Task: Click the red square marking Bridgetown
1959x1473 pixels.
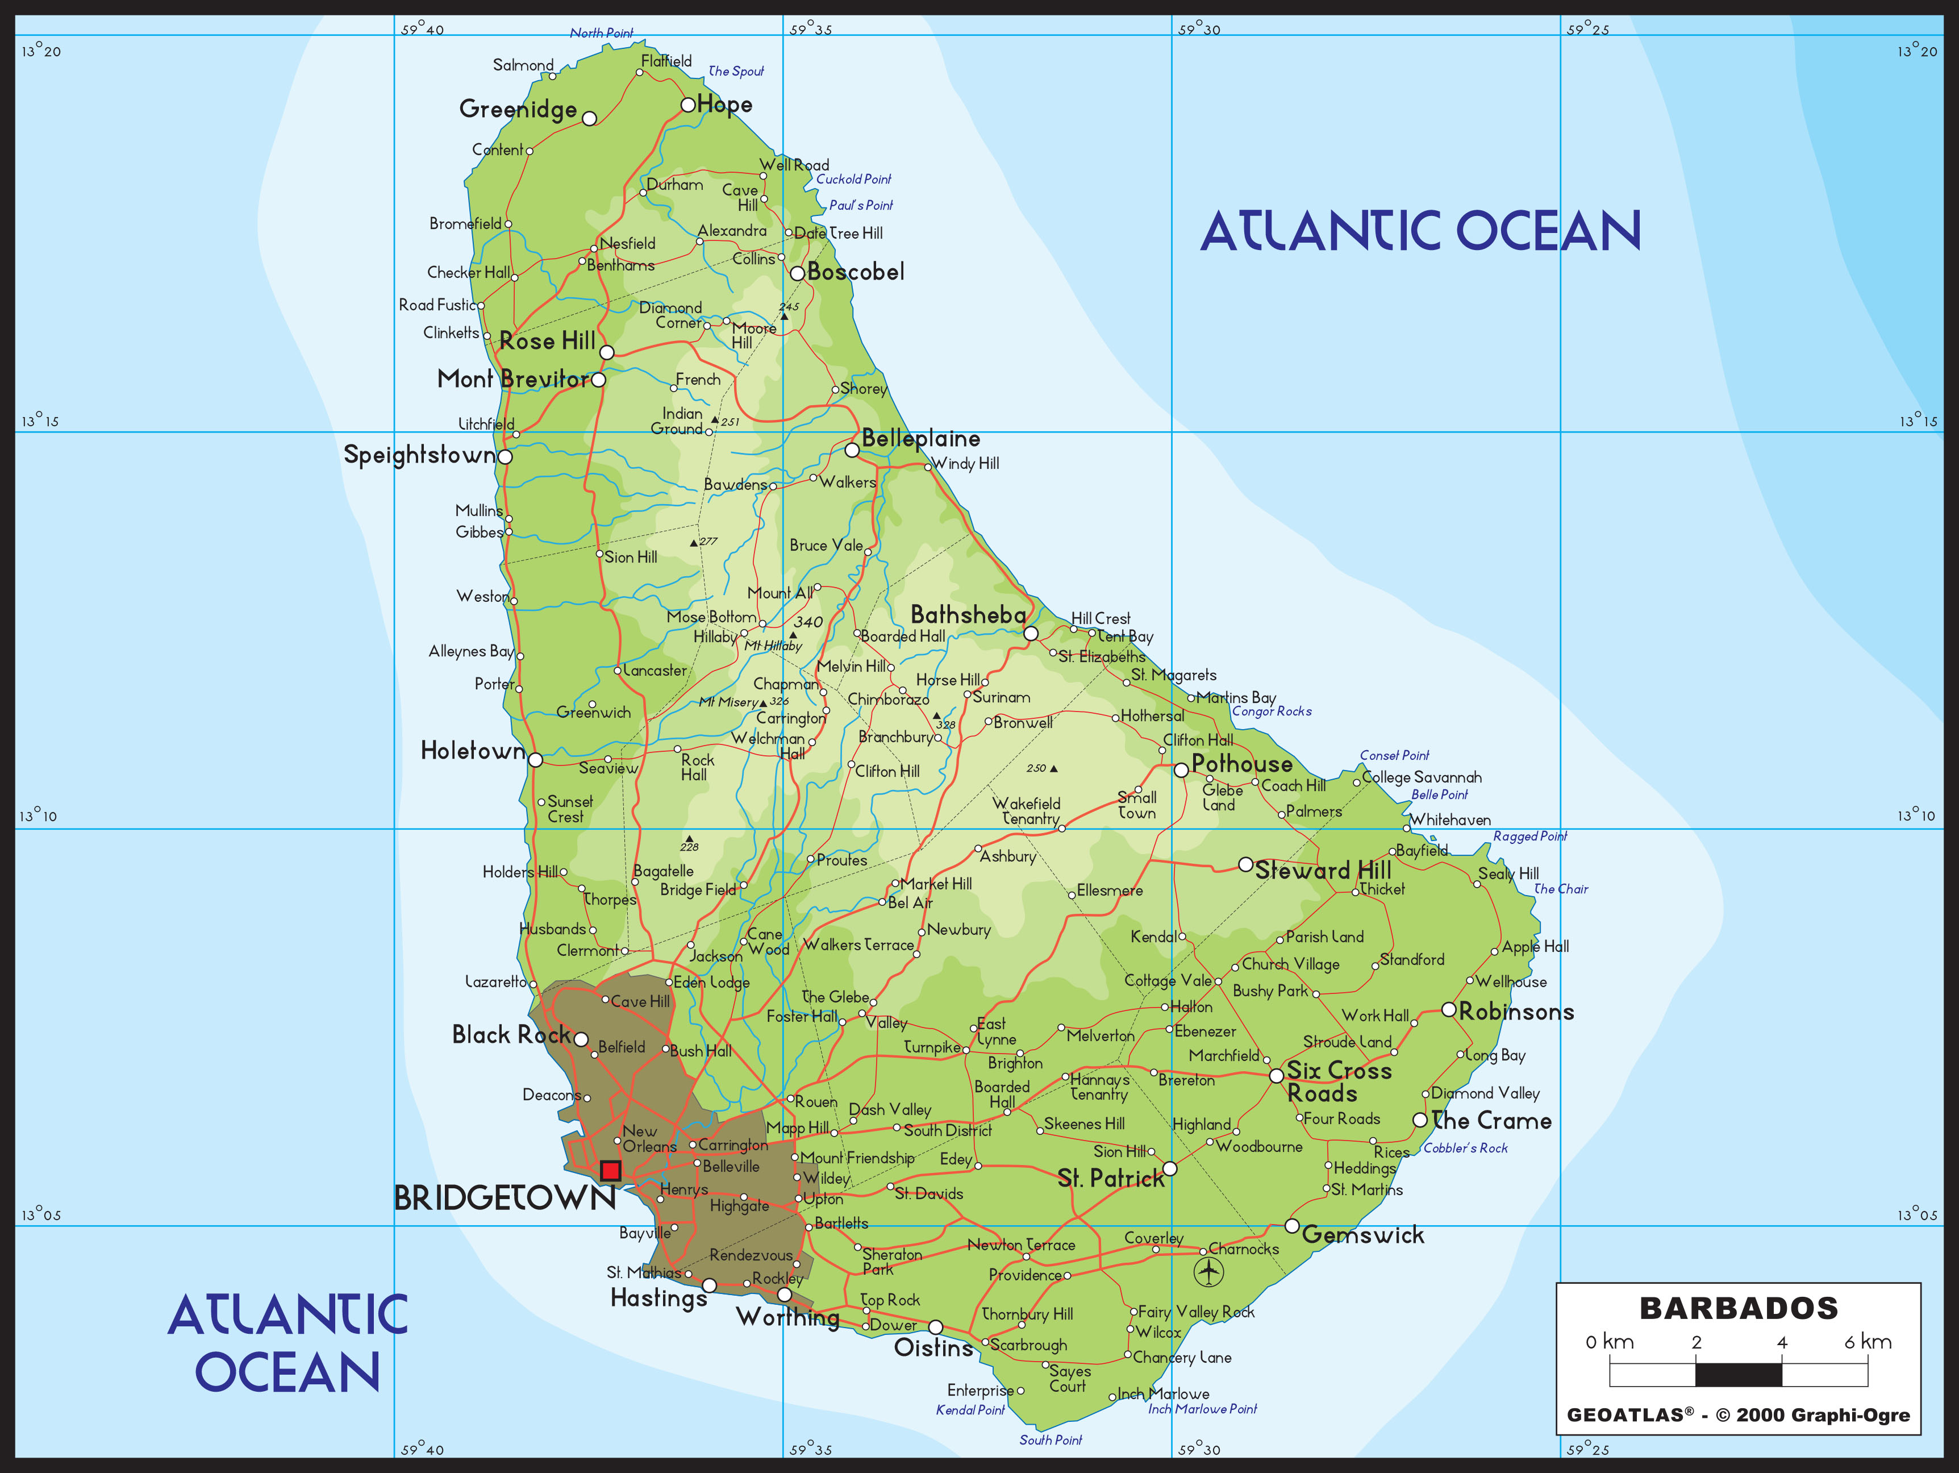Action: coord(610,1170)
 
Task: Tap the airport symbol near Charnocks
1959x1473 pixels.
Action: coord(1208,1272)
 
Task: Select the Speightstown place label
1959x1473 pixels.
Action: coord(419,455)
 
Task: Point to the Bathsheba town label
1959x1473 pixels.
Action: coord(968,615)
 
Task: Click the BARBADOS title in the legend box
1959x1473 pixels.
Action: coord(1739,1308)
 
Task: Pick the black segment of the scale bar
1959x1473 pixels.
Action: coord(1737,1375)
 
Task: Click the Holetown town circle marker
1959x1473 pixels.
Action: coord(535,759)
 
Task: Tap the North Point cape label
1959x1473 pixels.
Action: coord(601,34)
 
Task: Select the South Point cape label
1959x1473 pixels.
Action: coord(1051,1440)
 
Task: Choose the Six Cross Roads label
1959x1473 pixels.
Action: coord(1338,1081)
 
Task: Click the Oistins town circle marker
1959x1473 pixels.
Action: coord(935,1327)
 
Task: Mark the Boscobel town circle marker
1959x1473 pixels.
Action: coord(797,273)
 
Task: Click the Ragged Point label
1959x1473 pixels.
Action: coord(1529,836)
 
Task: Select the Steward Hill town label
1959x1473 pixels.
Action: coord(1323,870)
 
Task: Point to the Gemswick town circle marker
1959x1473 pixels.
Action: coord(1292,1226)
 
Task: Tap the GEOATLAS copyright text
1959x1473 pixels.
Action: coord(1737,1414)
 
